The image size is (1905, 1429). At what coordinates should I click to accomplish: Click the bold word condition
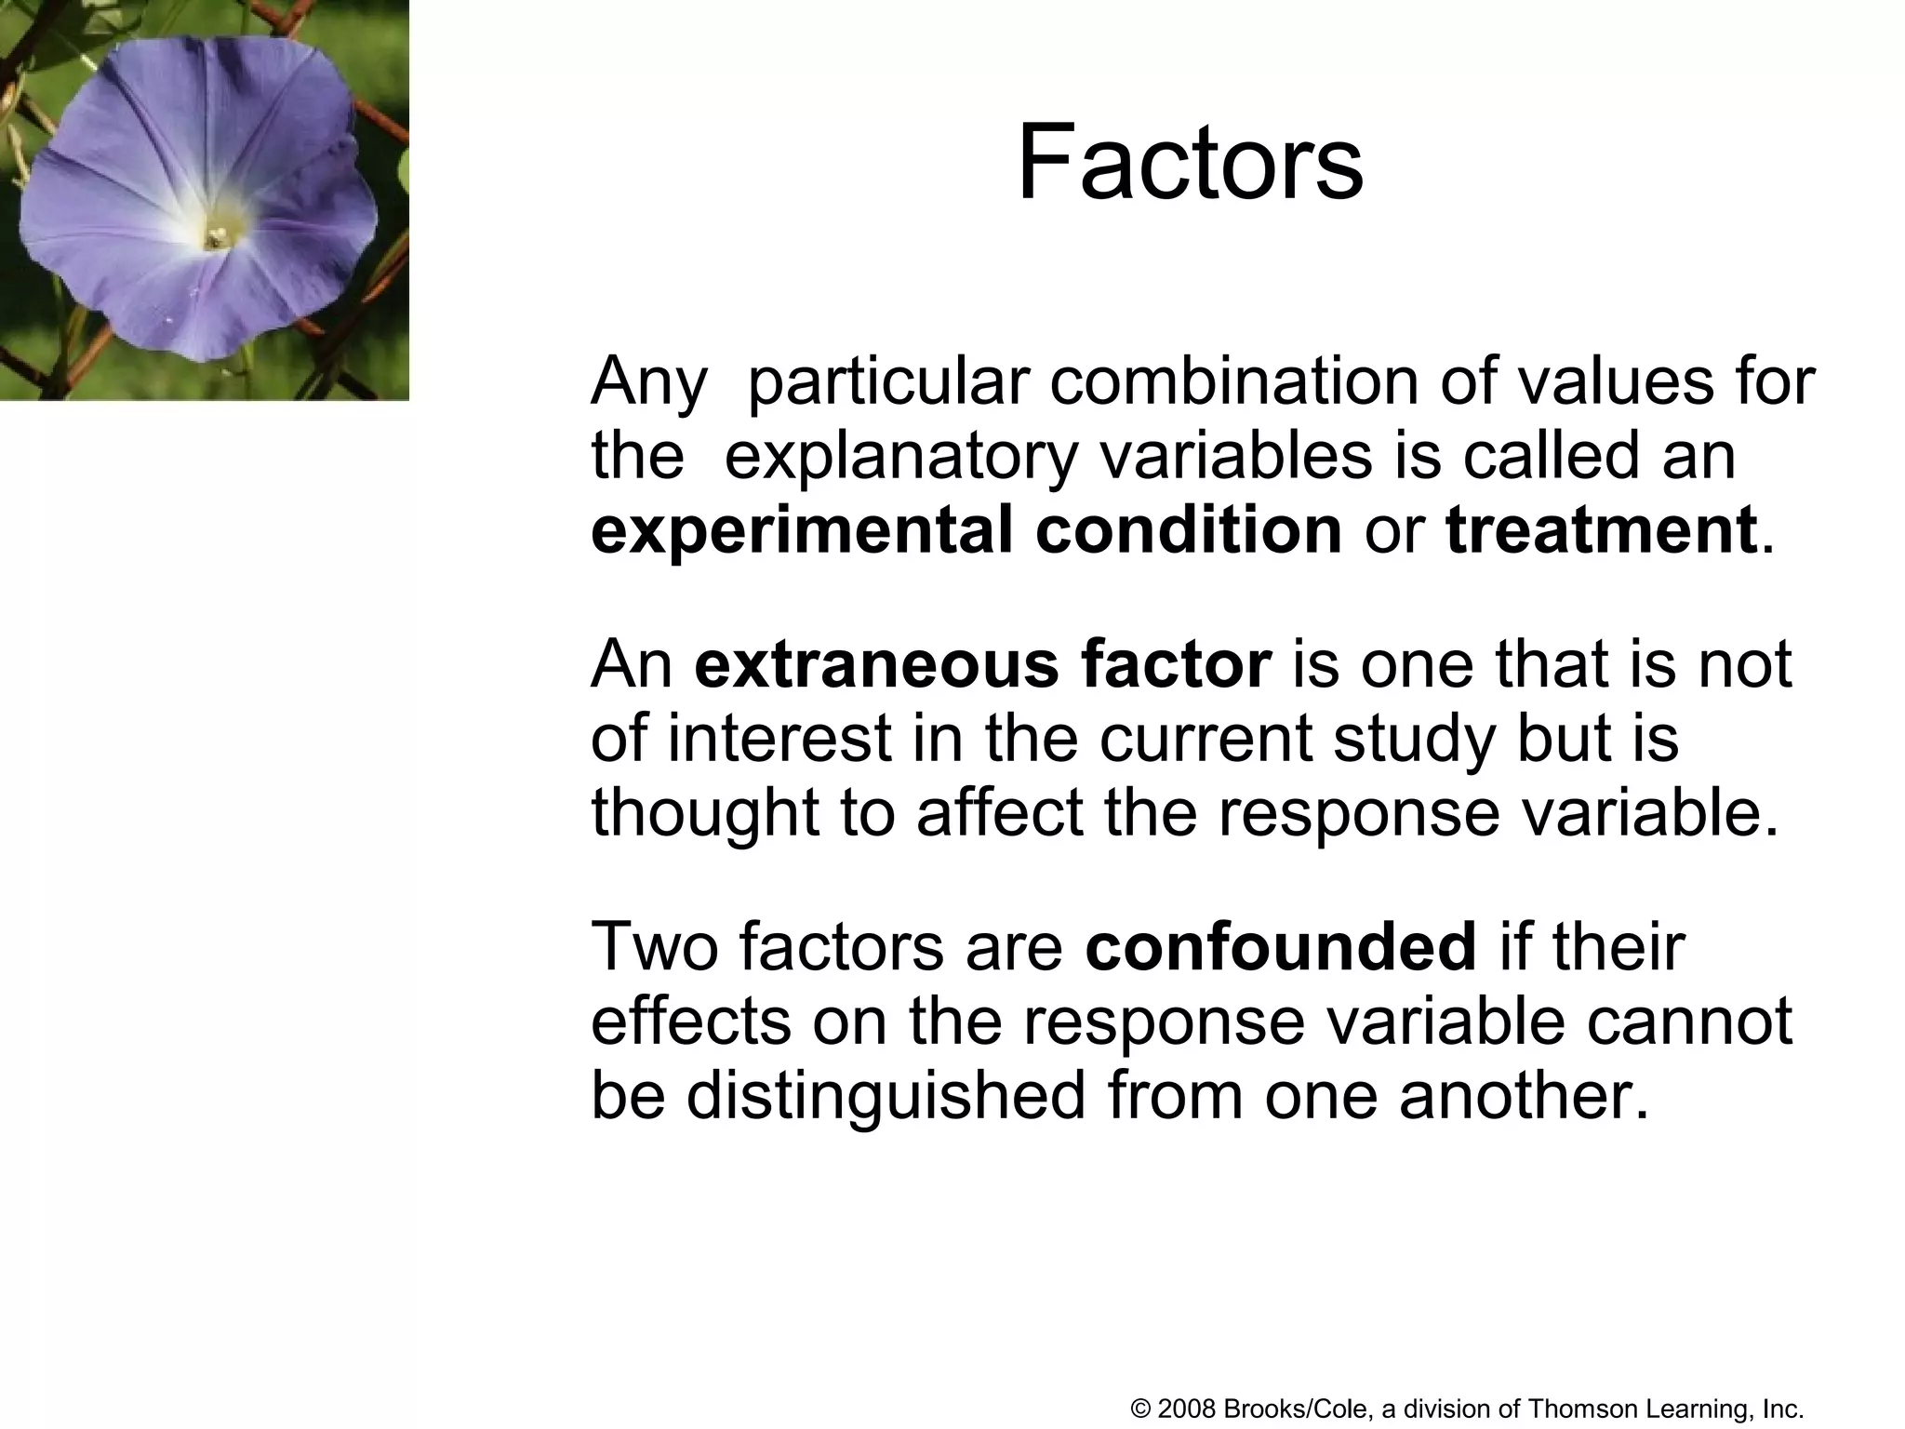click(x=1188, y=530)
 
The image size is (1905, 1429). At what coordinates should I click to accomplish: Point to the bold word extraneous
click(x=875, y=664)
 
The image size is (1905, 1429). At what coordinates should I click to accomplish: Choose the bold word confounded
click(x=1280, y=946)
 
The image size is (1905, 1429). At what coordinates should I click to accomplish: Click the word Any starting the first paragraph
click(x=648, y=382)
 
